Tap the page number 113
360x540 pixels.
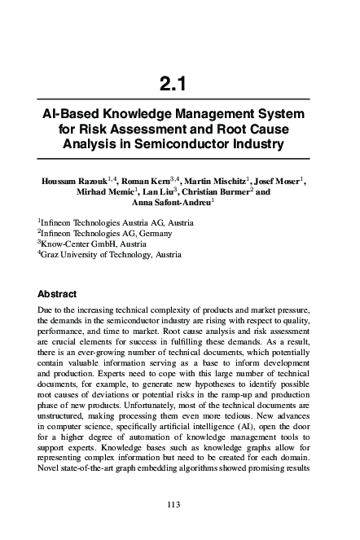click(x=172, y=506)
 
